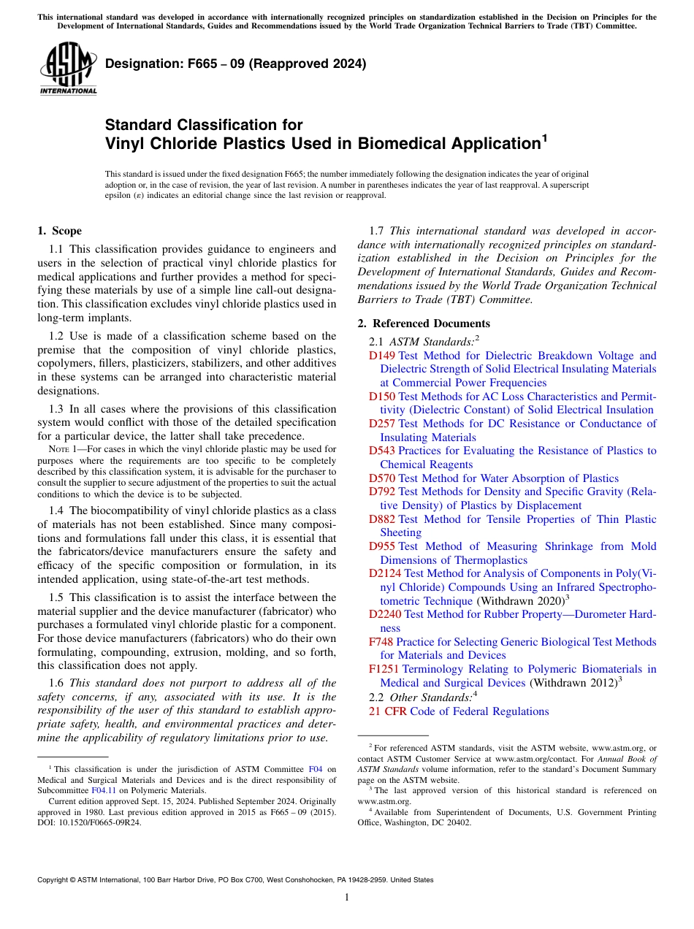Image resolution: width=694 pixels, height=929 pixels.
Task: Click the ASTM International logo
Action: (x=68, y=69)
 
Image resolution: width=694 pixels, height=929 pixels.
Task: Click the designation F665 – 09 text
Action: (x=235, y=64)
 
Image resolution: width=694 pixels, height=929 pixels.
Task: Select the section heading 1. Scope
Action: (x=59, y=231)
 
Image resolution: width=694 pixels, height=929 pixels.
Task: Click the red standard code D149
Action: (x=382, y=356)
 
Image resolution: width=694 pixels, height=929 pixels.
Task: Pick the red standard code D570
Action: (x=382, y=478)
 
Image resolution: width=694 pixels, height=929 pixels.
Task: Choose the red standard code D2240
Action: (x=385, y=614)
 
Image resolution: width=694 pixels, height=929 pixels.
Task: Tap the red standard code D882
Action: (x=382, y=519)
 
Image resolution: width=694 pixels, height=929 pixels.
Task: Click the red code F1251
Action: (x=384, y=669)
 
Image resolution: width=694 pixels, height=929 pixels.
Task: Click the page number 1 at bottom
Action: (x=347, y=898)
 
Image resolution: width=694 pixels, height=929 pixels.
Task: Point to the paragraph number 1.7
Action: (x=378, y=232)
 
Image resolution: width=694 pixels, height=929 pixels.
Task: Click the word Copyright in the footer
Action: (x=56, y=880)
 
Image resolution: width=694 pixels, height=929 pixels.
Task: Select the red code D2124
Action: (x=385, y=573)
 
